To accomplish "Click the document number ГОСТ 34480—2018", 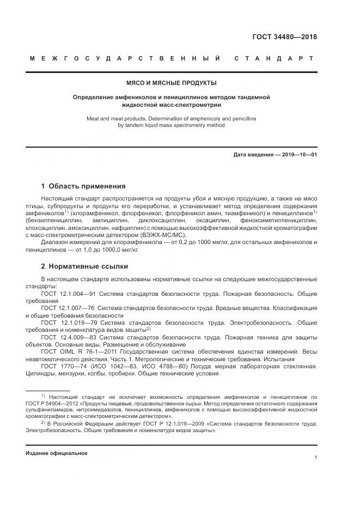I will coord(284,38).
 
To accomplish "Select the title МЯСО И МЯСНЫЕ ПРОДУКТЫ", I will coord(172,83).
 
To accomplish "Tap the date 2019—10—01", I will coord(297,155).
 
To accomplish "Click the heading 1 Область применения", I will coord(83,186).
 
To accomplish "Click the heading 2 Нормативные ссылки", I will coord(84,266).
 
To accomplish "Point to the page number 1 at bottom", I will coord(315,458).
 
